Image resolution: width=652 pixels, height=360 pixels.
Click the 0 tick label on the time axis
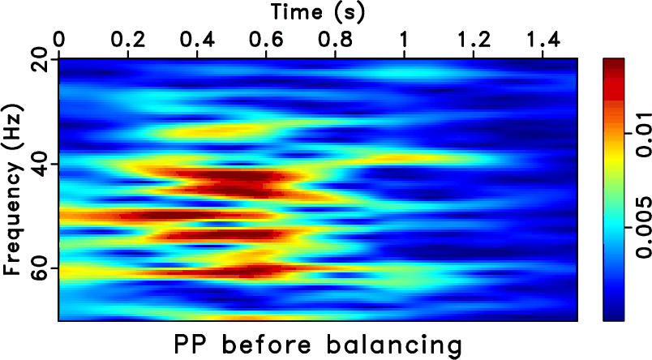[58, 39]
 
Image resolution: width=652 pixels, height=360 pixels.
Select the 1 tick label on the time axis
[404, 39]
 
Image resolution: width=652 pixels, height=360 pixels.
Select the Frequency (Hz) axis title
[13, 190]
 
